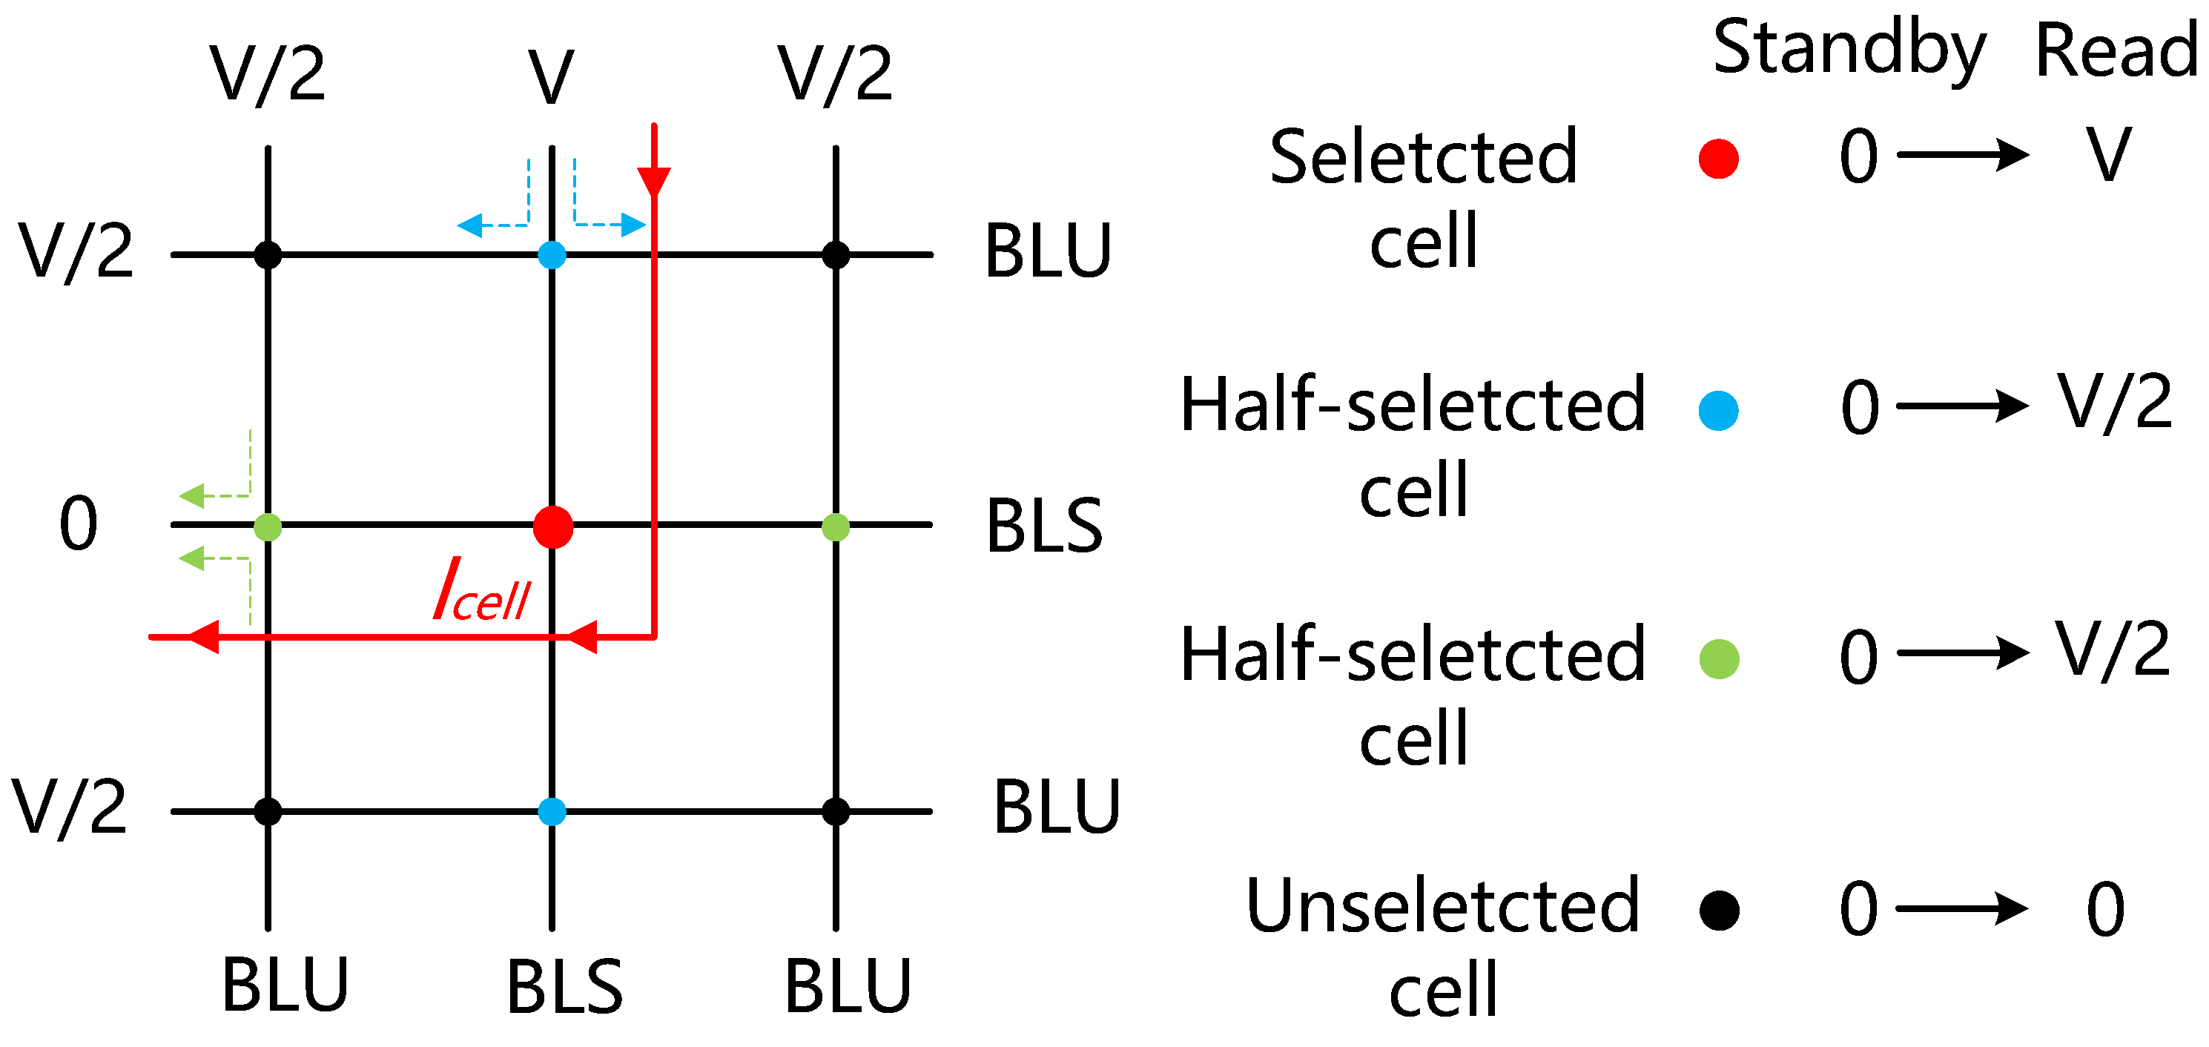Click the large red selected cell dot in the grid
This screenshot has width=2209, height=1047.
point(553,526)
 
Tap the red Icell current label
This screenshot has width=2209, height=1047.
point(482,591)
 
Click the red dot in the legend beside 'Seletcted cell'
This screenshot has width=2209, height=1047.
point(1719,159)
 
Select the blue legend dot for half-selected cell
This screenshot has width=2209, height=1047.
point(1719,410)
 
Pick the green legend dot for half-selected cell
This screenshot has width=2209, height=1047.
point(1720,659)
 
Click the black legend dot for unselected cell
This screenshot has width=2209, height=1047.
point(1720,911)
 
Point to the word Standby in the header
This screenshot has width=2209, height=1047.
point(1849,50)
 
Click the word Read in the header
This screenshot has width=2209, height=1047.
point(2116,51)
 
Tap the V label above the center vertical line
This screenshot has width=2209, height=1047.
point(550,77)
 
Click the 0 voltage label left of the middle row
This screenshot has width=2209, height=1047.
point(78,523)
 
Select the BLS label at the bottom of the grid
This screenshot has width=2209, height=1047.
point(564,987)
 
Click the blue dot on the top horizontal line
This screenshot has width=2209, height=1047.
point(552,254)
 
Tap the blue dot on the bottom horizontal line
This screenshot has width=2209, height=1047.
point(552,811)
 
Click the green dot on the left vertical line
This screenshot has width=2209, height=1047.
point(268,526)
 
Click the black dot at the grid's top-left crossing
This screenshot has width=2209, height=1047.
point(268,254)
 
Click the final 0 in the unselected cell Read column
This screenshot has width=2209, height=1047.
point(2105,909)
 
